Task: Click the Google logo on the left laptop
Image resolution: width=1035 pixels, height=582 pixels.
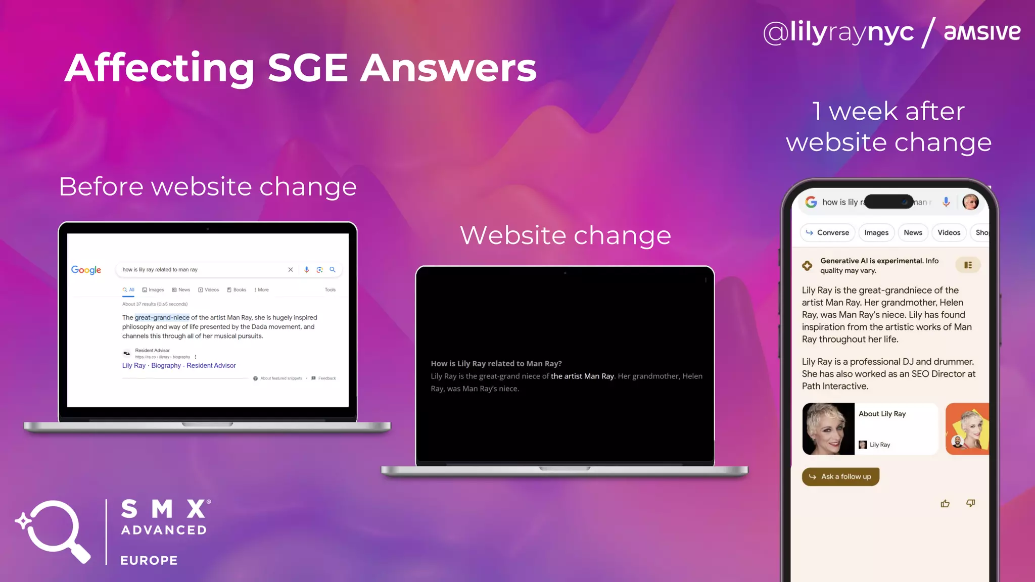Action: (86, 270)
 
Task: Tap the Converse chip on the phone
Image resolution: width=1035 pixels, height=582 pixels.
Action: (827, 233)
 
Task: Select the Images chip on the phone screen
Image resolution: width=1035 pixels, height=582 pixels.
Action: (876, 233)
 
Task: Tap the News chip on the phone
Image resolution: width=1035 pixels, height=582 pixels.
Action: (913, 233)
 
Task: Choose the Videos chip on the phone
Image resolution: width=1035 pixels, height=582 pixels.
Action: (949, 233)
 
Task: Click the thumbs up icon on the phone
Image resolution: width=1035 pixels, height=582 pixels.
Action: (945, 504)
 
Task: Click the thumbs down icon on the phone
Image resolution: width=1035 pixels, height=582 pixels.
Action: (970, 503)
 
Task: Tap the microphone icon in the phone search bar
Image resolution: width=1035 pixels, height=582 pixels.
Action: (946, 202)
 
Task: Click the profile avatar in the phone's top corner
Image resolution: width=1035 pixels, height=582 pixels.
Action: (970, 202)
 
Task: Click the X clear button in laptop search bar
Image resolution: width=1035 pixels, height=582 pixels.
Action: (291, 270)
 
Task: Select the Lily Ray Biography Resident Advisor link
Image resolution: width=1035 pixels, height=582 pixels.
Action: (179, 366)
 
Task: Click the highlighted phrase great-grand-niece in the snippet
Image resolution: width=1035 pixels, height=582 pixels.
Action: (162, 318)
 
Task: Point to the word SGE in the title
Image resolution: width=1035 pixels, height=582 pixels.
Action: (308, 68)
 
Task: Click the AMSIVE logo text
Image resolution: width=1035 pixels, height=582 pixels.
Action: (982, 32)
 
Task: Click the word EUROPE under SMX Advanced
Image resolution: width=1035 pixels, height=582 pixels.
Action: (149, 560)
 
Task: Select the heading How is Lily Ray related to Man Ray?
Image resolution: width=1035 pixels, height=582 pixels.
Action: (496, 364)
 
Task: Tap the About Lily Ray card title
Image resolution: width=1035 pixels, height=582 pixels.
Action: (882, 414)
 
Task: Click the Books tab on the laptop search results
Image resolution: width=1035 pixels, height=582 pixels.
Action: (237, 290)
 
